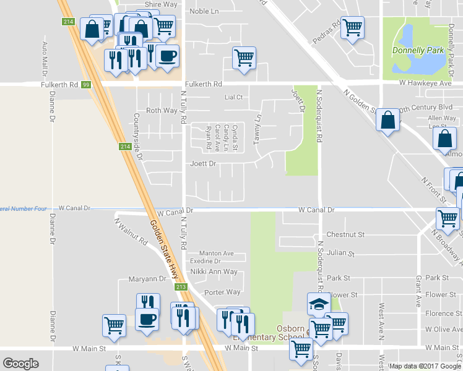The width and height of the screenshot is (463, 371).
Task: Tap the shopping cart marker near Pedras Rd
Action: pos(352,27)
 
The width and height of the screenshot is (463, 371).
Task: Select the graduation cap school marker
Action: pos(319,304)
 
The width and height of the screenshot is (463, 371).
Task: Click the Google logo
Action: pos(20,364)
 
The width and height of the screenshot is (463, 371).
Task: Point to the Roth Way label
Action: pos(161,111)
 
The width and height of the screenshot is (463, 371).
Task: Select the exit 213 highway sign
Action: pos(180,287)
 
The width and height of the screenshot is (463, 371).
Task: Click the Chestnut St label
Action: pos(346,235)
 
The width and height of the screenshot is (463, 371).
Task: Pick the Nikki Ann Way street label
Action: pos(214,271)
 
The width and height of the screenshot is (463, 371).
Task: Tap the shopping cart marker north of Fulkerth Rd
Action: pos(244,58)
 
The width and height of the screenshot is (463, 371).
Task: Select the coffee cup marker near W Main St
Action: pos(147,319)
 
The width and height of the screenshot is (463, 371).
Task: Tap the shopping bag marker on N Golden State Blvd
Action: pos(387,121)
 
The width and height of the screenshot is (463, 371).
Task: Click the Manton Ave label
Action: pos(216,254)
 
